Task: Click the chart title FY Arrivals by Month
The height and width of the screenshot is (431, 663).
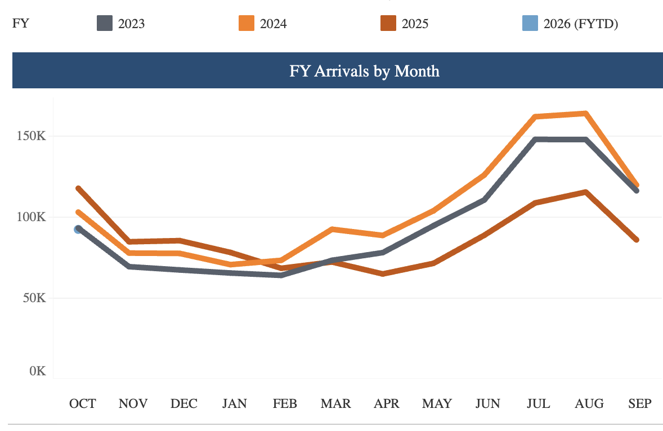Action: (364, 71)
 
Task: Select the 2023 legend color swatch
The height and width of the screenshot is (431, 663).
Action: (105, 24)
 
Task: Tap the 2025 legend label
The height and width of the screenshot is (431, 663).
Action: (415, 24)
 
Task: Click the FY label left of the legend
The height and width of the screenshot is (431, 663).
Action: (20, 24)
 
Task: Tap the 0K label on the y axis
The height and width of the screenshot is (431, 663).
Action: (38, 371)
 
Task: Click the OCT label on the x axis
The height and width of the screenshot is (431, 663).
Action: (82, 403)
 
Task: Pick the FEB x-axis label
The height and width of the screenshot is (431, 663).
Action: (285, 403)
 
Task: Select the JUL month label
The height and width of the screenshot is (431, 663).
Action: (539, 403)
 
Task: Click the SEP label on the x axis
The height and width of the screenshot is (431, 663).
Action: (640, 403)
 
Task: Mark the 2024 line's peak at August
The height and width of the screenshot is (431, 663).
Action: (586, 114)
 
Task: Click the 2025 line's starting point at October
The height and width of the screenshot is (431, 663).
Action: (78, 188)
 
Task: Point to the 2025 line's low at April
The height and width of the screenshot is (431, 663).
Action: (383, 274)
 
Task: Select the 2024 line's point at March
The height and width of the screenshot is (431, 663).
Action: (333, 229)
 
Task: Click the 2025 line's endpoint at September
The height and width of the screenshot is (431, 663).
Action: (637, 240)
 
